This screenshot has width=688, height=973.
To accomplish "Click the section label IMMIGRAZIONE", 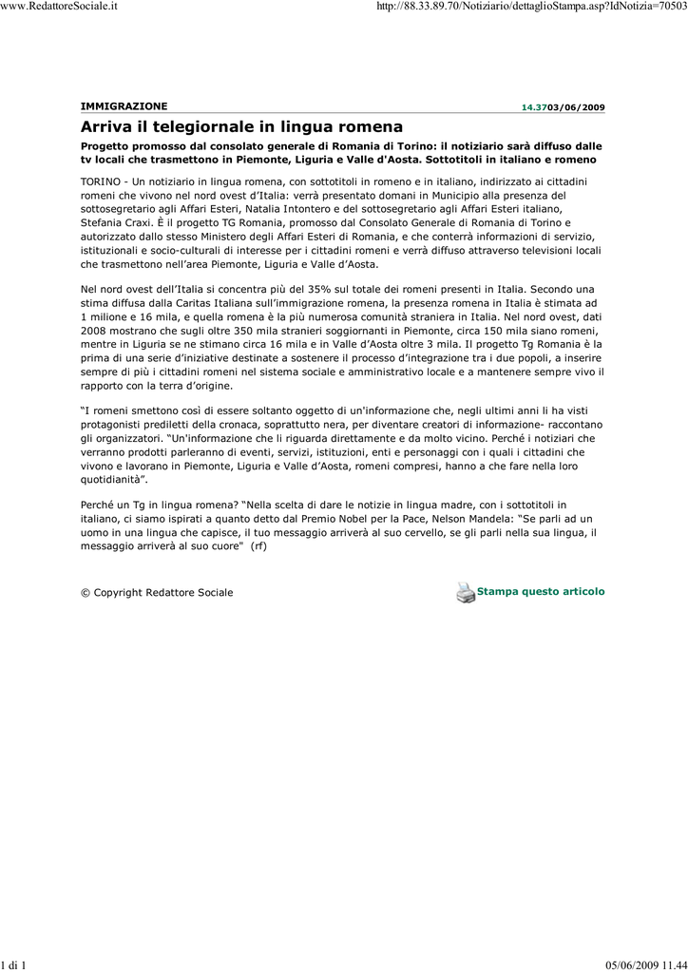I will [124, 105].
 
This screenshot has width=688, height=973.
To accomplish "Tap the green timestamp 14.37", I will [533, 108].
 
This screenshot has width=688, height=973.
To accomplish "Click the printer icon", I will [465, 592].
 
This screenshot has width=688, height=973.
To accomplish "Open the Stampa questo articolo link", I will [541, 591].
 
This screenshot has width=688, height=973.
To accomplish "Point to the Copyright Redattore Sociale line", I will [157, 593].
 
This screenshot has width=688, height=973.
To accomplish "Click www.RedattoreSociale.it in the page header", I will [59, 7].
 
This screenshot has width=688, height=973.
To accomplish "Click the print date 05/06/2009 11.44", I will [645, 966].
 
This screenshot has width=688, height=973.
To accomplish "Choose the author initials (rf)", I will [258, 546].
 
